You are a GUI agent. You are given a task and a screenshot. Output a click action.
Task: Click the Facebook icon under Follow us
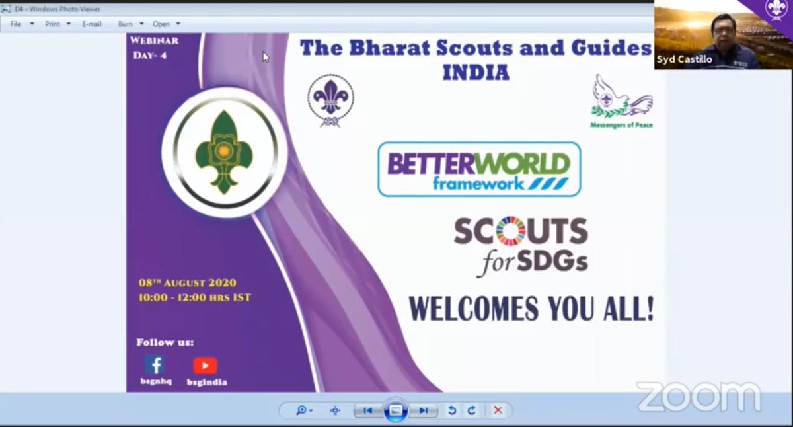[x=155, y=365]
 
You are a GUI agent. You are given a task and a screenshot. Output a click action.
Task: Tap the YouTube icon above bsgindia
[x=205, y=366]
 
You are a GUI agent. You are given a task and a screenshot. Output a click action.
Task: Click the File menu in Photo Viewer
[x=16, y=24]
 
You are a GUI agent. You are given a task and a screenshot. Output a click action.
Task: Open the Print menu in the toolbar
[x=52, y=24]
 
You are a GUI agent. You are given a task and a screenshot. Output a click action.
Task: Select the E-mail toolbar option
[x=92, y=24]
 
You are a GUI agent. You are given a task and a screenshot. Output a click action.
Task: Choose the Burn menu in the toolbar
[x=126, y=24]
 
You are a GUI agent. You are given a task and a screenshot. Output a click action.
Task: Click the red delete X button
[x=498, y=410]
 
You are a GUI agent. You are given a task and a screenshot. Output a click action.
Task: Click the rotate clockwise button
[x=471, y=410]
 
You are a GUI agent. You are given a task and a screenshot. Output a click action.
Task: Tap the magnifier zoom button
[x=302, y=410]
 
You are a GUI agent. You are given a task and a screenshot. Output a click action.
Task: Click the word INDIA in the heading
[x=476, y=72]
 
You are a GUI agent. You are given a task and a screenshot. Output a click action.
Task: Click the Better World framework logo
[x=479, y=170]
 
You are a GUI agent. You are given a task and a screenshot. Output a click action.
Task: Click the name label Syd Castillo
[x=684, y=59]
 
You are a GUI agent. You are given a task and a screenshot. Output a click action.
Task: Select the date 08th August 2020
[x=187, y=283]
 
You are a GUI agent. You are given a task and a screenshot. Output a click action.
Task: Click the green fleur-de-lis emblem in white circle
[x=224, y=152]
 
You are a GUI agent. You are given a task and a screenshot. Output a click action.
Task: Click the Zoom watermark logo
[x=699, y=397]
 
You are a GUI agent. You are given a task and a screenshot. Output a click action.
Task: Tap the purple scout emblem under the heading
[x=330, y=100]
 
